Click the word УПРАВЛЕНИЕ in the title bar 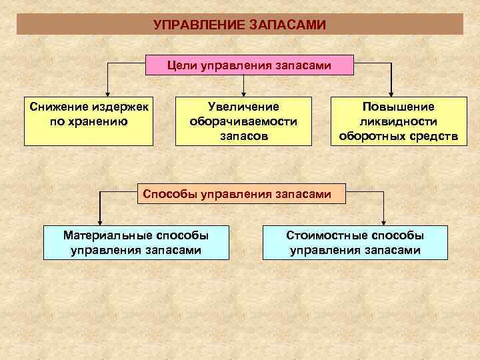point(198,25)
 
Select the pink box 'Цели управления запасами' point(249,65)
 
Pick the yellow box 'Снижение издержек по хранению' point(89,121)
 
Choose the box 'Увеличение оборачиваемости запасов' point(243,121)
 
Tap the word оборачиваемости point(243,121)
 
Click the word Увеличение point(243,107)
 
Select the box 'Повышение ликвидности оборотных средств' point(397,121)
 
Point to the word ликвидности point(398,121)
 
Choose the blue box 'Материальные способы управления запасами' point(136,243)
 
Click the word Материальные point(106,235)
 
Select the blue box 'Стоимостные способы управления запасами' point(355,243)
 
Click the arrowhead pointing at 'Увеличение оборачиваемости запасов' point(244,93)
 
